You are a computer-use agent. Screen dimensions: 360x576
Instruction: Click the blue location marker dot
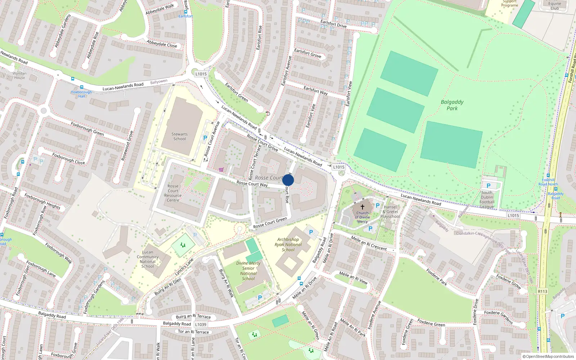click(288, 180)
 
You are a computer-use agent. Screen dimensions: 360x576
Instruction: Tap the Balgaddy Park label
click(452, 105)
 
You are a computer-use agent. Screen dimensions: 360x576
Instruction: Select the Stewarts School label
click(180, 136)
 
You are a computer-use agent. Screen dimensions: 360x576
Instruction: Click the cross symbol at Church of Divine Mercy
click(363, 207)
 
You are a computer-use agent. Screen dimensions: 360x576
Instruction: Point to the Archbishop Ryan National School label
click(288, 244)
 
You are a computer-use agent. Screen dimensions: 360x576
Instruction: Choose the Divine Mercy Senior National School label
click(248, 271)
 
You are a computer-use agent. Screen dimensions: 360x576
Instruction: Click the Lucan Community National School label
click(148, 259)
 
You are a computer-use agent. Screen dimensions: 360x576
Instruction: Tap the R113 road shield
click(543, 292)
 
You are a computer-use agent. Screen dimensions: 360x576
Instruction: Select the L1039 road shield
click(201, 324)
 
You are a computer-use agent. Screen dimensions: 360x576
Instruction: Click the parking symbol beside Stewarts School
click(205, 138)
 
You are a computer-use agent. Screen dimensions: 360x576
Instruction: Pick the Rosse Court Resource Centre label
click(173, 193)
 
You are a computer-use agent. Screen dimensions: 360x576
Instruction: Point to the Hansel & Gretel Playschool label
click(390, 212)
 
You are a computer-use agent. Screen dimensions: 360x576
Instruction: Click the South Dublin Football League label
click(487, 199)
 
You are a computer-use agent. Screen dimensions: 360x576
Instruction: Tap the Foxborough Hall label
click(82, 94)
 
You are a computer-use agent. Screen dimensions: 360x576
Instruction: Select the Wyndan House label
click(19, 75)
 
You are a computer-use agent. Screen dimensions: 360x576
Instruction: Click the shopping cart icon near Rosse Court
click(221, 170)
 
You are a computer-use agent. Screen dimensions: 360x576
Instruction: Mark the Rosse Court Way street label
click(252, 184)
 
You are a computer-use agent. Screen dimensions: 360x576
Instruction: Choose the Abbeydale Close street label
click(162, 44)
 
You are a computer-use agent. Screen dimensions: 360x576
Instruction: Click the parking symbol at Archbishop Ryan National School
click(311, 232)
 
